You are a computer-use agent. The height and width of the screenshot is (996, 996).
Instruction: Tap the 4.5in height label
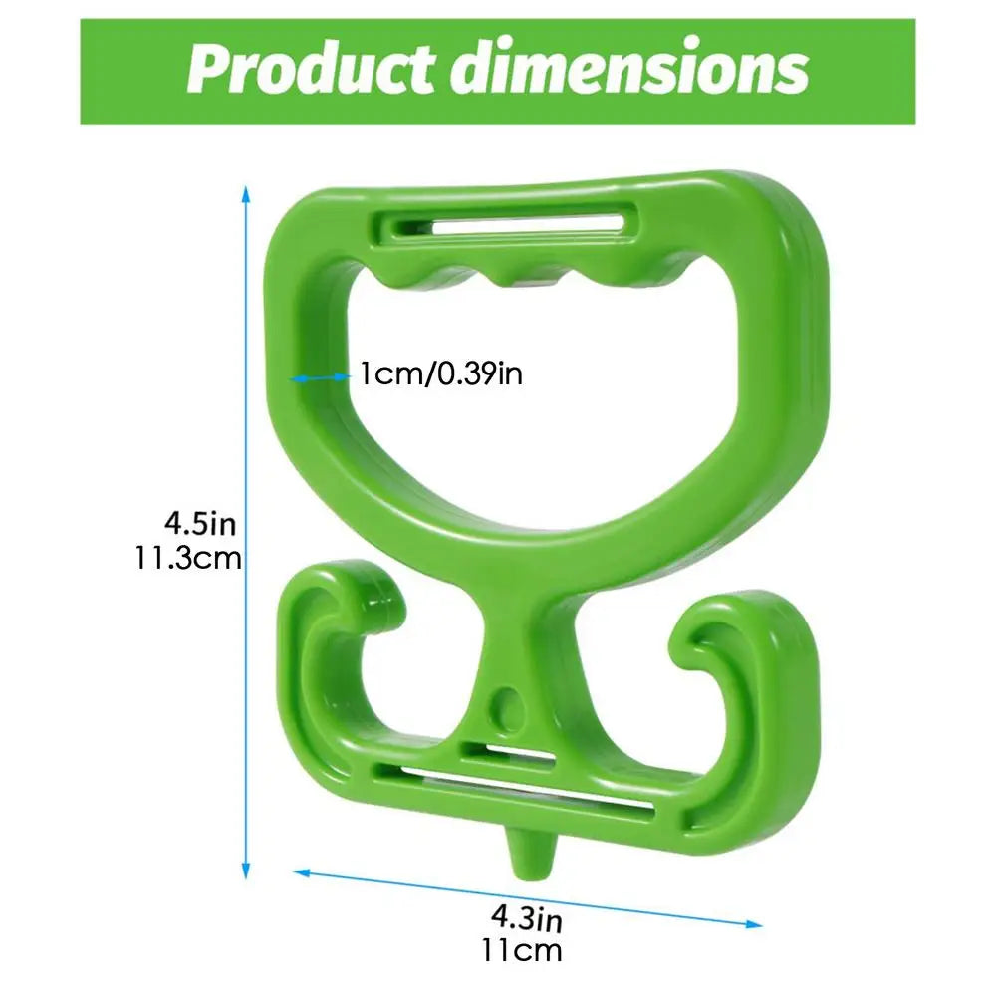(x=200, y=524)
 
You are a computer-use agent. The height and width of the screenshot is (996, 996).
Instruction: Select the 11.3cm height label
(x=188, y=558)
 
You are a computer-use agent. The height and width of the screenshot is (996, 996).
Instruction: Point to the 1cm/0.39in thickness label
(x=441, y=373)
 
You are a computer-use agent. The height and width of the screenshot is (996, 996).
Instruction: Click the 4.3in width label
(x=527, y=917)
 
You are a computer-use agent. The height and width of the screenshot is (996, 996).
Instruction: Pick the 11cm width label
(x=522, y=951)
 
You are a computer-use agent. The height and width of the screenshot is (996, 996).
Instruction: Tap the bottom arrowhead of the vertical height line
(x=246, y=871)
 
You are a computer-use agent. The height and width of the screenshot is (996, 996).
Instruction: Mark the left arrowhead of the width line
(x=301, y=872)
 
